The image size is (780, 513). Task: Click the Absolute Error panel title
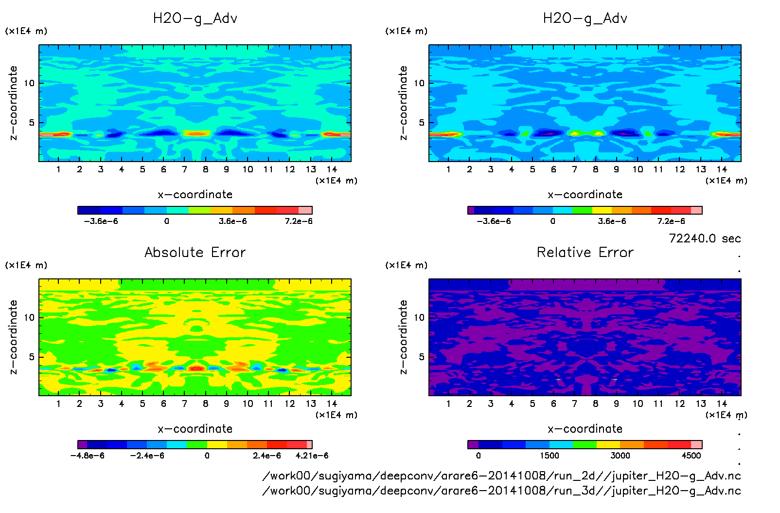point(195,252)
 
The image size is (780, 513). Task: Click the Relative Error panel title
point(585,252)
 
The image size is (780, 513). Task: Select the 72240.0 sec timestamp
point(705,238)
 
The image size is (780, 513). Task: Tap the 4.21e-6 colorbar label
point(312,456)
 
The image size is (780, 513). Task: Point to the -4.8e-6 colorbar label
point(88,456)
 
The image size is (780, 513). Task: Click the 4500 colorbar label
point(691,456)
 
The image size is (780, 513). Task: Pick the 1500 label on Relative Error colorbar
point(550,456)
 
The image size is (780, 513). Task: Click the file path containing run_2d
point(501,476)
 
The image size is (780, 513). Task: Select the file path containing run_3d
point(501,491)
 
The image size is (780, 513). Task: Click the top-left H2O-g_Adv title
point(195,18)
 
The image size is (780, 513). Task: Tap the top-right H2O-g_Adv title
point(585,18)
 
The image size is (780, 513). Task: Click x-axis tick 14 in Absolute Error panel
point(332,403)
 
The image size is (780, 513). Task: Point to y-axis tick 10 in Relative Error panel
point(419,317)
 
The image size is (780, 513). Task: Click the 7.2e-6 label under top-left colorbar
point(299,221)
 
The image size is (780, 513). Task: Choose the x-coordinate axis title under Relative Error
point(585,429)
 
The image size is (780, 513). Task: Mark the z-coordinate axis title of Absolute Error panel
point(14,337)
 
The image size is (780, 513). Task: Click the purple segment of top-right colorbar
point(471,210)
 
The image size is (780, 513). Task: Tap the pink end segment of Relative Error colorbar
point(696,444)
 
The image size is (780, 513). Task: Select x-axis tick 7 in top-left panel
point(184,169)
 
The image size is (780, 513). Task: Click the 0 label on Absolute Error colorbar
point(207,456)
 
